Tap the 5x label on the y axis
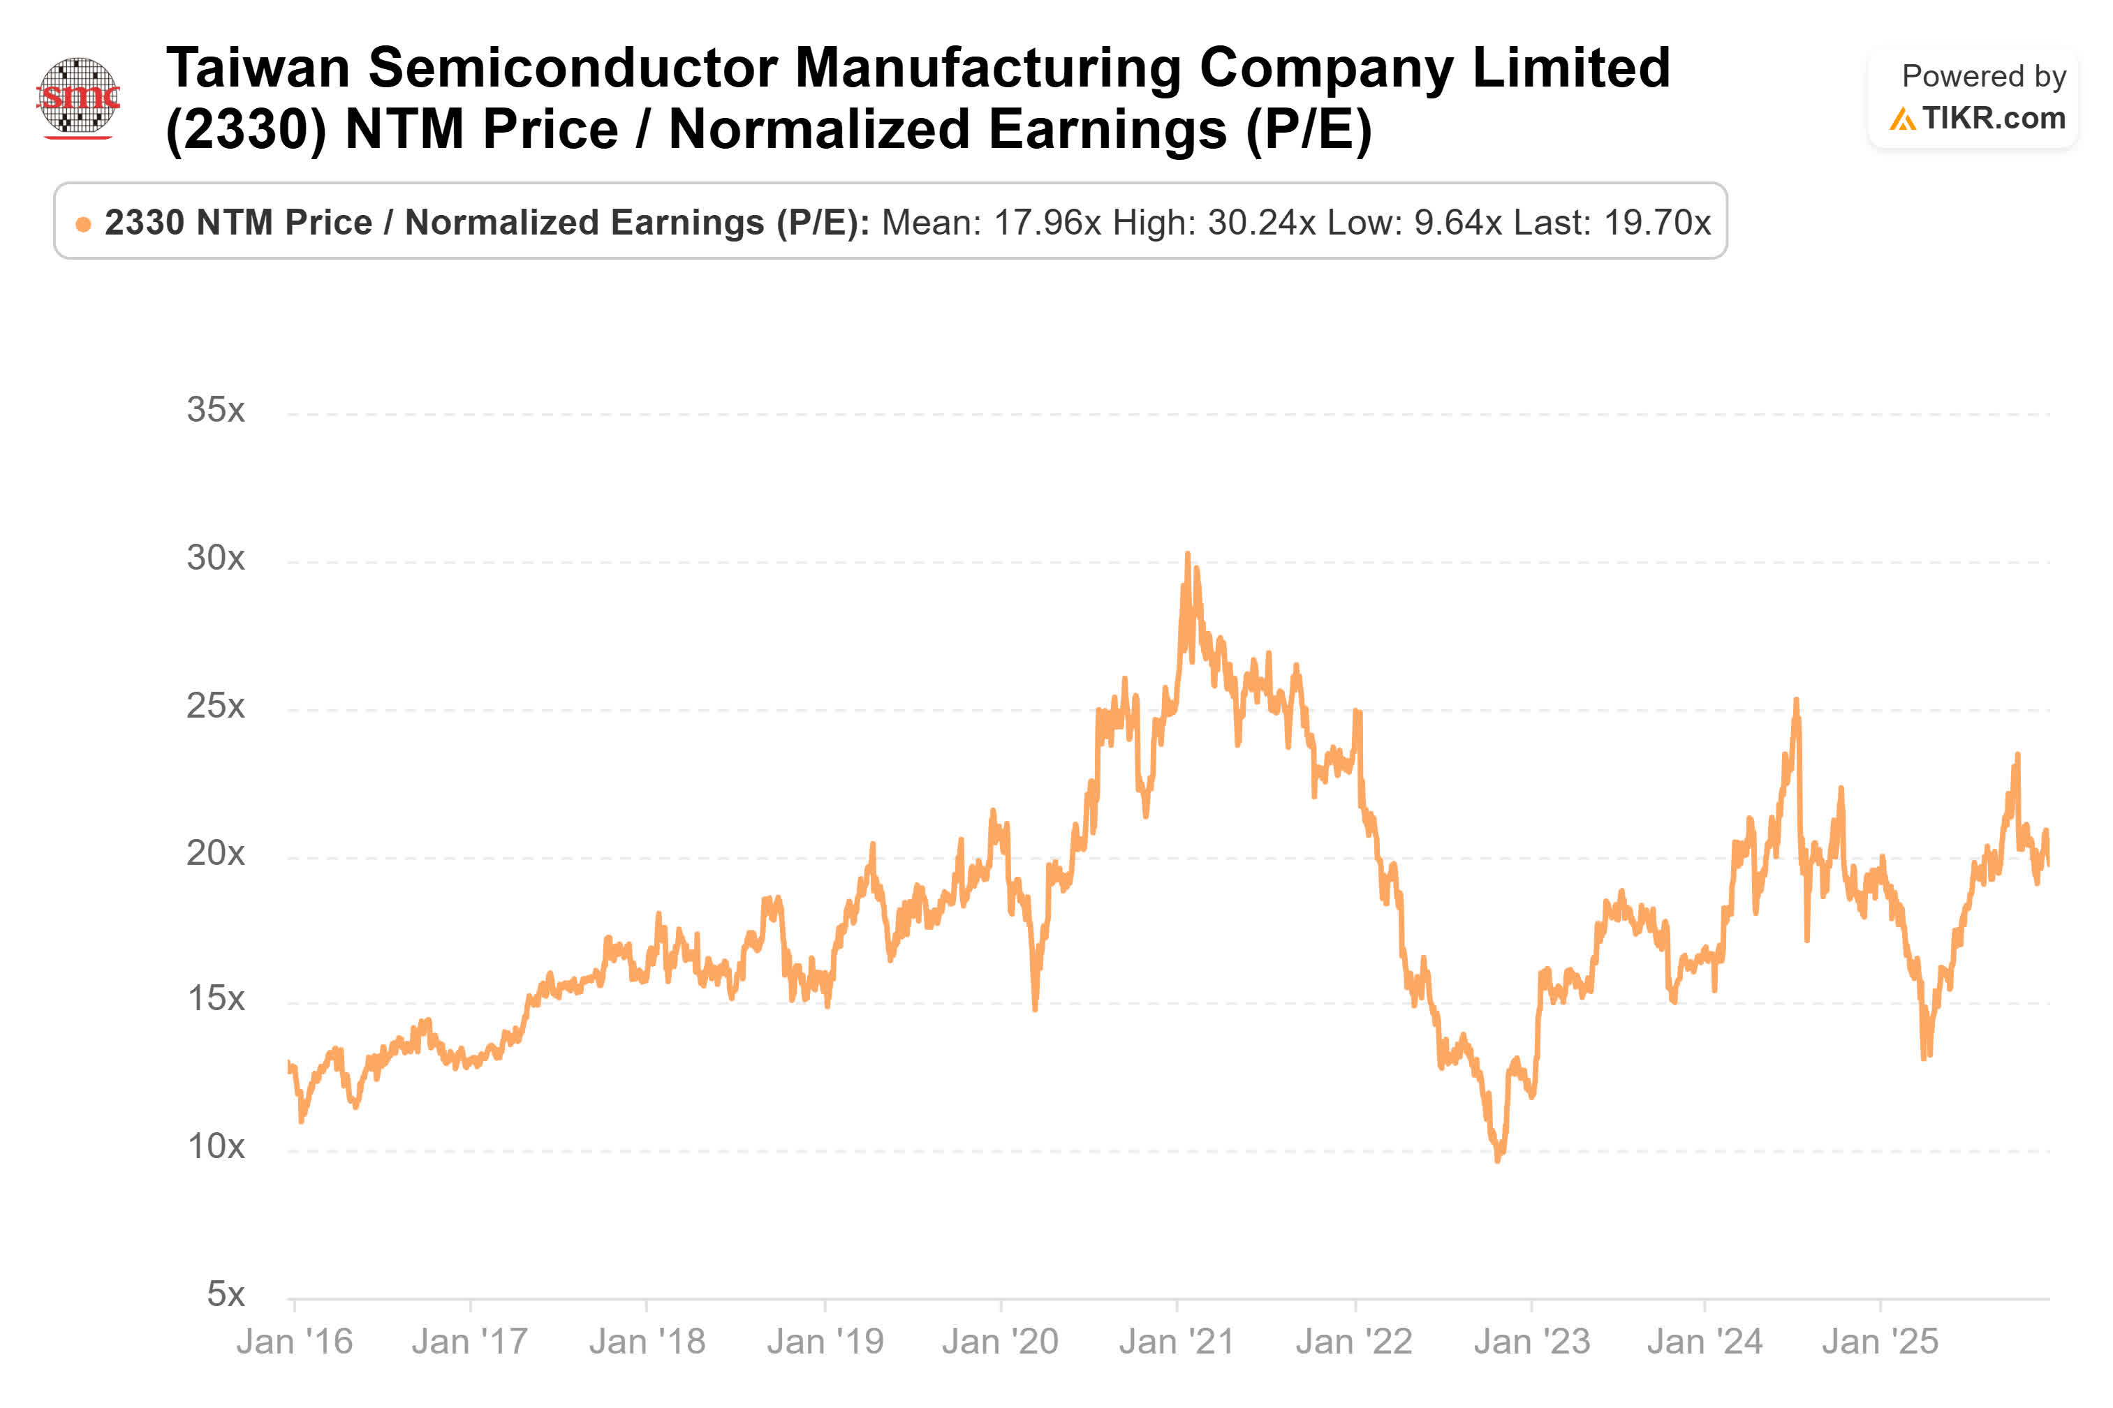(225, 1295)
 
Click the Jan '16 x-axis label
(295, 1342)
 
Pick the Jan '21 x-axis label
(1177, 1342)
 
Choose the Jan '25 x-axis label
(1880, 1342)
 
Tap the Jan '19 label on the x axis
(825, 1342)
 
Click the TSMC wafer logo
(79, 97)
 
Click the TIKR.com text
(1993, 119)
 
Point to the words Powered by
(1983, 76)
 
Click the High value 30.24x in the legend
(1261, 223)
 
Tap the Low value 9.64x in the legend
(1457, 223)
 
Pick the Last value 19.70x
(1657, 223)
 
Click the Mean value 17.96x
(1046, 223)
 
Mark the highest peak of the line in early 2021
(1187, 555)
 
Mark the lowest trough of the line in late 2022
(1497, 1160)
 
